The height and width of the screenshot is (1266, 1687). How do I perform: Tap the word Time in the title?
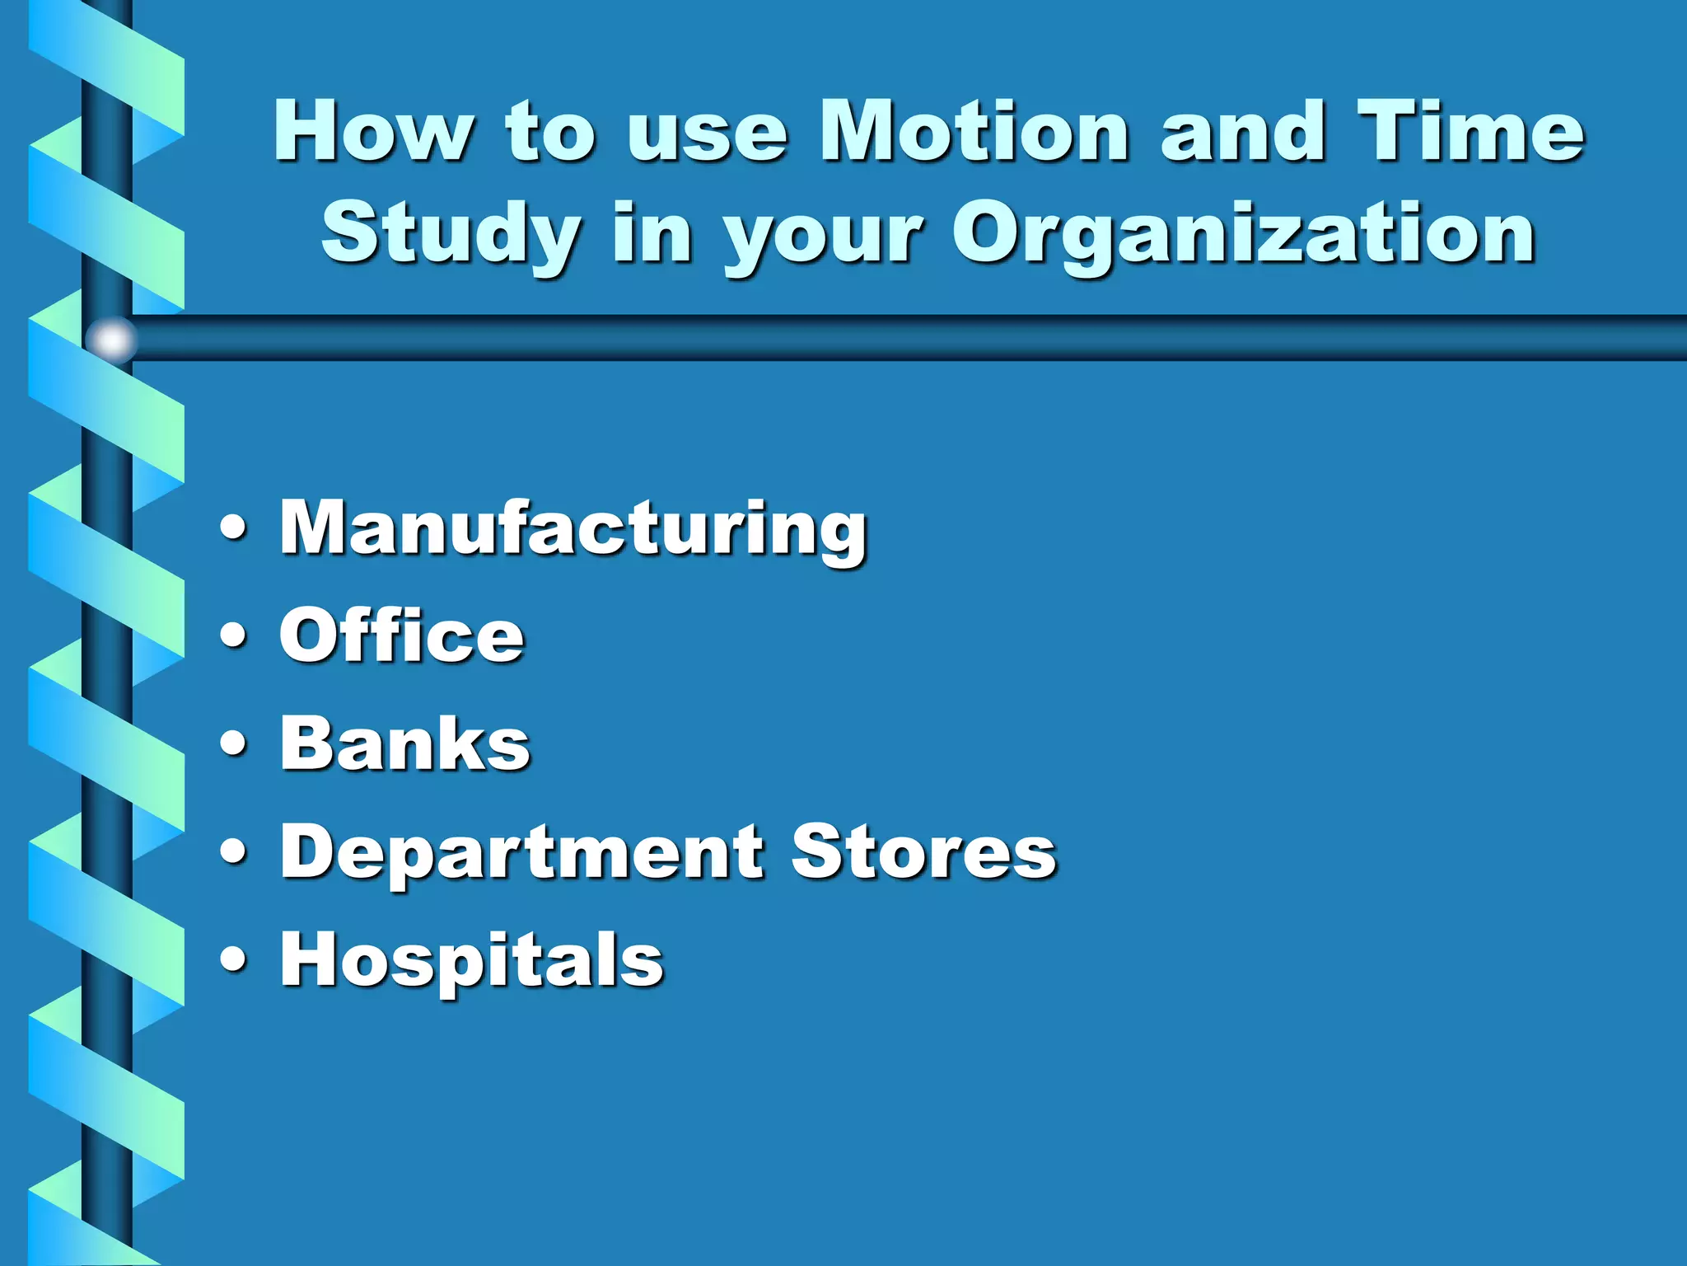click(1471, 131)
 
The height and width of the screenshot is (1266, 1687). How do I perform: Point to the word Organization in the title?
click(1244, 235)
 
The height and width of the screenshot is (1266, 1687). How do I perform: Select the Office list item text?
click(402, 635)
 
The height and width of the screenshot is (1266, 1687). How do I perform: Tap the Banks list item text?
click(405, 743)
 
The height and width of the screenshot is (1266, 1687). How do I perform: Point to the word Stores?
click(923, 851)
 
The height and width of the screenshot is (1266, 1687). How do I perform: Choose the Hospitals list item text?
click(471, 959)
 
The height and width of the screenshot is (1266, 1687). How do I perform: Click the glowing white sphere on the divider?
click(111, 339)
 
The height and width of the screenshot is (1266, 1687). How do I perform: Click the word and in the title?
click(1242, 131)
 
